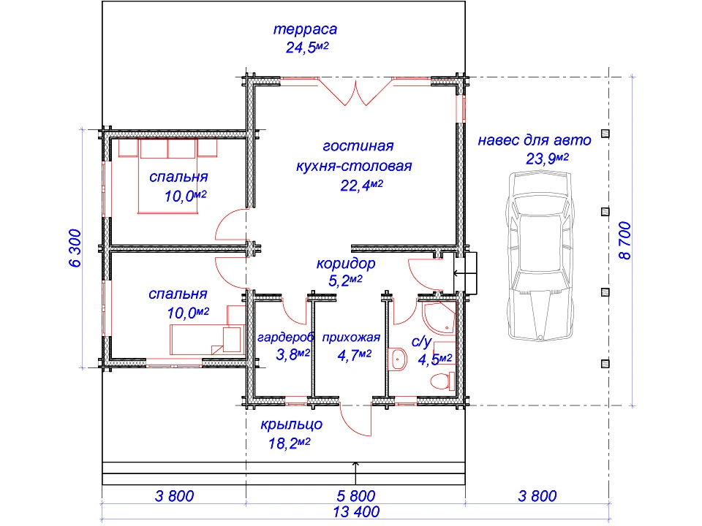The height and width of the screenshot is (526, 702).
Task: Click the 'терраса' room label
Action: point(305,29)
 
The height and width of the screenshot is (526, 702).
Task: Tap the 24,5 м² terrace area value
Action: point(307,47)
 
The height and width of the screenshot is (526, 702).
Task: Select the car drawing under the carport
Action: point(540,256)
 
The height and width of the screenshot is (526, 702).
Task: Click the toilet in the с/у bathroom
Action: point(442,381)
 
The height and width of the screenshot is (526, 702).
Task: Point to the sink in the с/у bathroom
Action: point(398,359)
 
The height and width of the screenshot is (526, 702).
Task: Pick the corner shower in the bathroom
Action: point(439,318)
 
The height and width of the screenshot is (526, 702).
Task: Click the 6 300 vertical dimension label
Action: point(75,248)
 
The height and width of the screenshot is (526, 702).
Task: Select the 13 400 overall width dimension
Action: point(356,511)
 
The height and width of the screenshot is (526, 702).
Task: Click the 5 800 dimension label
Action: point(356,495)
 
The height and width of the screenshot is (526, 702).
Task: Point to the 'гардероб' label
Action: point(286,337)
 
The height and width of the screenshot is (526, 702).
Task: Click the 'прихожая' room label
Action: point(351,338)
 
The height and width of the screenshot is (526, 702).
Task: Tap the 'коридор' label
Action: point(346,263)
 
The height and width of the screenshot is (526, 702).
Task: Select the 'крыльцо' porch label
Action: point(292,424)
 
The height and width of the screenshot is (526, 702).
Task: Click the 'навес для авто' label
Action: point(535,140)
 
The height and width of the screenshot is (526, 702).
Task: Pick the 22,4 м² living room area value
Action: point(361,185)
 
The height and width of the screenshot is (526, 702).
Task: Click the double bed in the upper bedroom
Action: point(168,176)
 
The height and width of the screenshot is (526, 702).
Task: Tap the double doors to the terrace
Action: point(356,93)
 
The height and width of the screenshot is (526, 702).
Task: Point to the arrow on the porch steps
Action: point(355,473)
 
